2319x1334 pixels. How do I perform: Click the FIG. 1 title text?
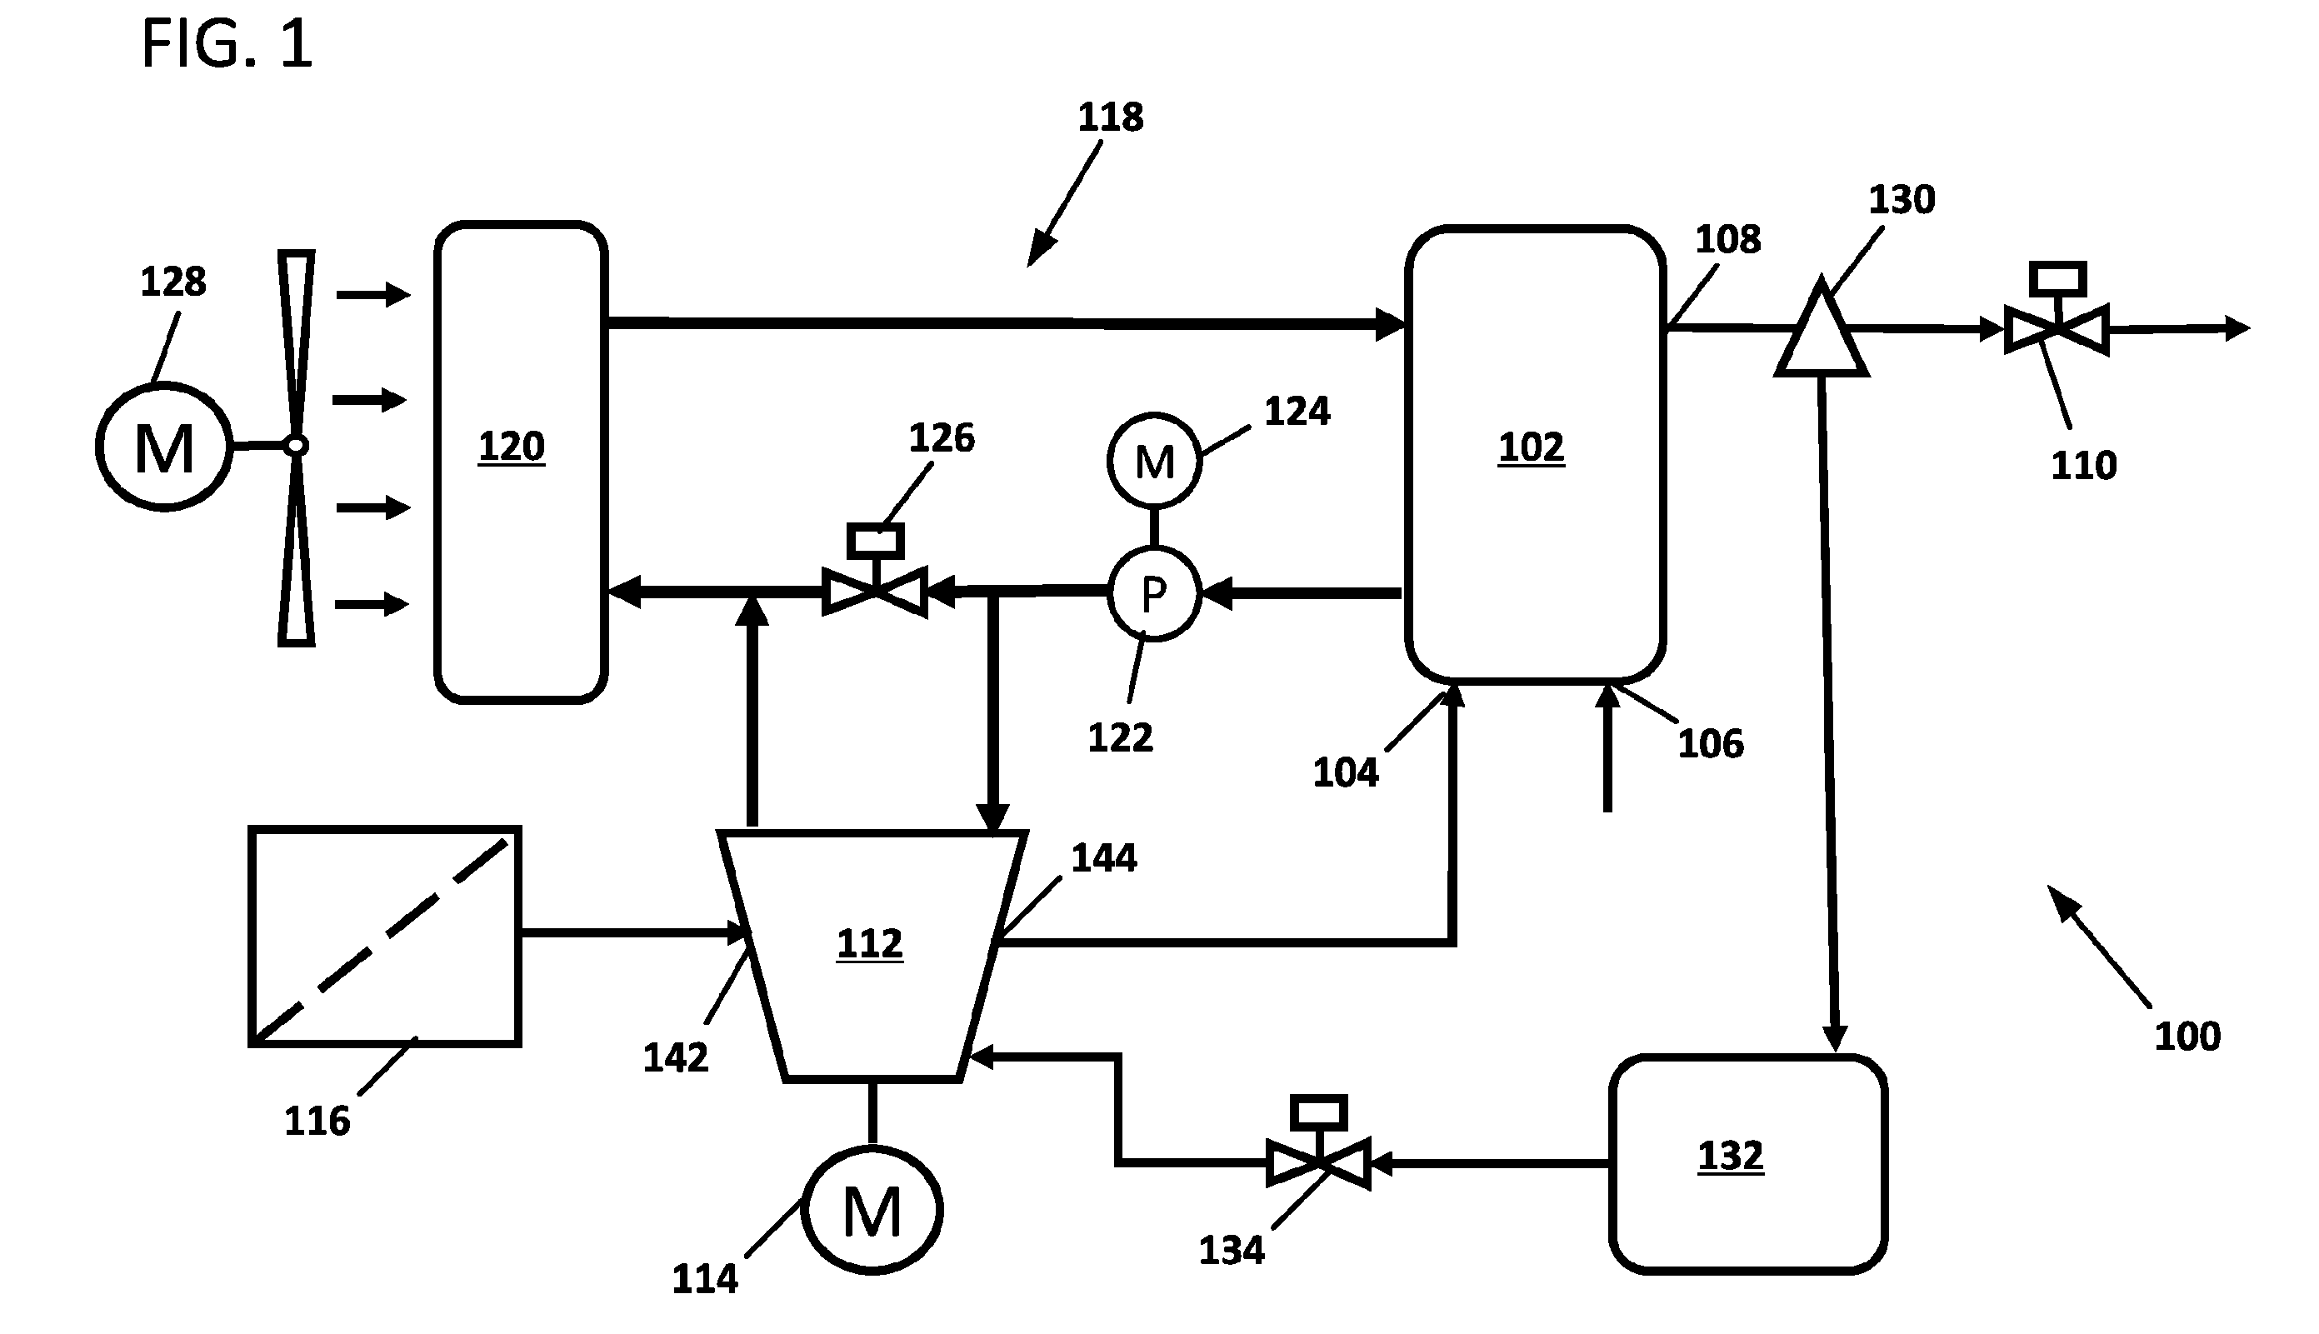[227, 44]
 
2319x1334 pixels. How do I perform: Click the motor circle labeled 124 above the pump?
[1153, 461]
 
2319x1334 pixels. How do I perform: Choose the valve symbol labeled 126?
[875, 569]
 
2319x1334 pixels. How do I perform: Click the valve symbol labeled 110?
[2056, 309]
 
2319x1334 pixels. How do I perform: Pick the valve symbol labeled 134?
[1318, 1142]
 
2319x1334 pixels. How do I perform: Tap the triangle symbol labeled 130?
[1822, 329]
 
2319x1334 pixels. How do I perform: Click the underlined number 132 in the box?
[1730, 1157]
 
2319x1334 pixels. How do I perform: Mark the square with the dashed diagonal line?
[385, 937]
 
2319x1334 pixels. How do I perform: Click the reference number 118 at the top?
[1111, 117]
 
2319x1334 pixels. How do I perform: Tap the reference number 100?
[2187, 1037]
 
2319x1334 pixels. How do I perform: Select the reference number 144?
[1104, 858]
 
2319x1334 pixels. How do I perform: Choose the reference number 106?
[1711, 744]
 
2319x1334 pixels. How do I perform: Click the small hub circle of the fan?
[295, 446]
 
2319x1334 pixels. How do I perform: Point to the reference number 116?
[317, 1122]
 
